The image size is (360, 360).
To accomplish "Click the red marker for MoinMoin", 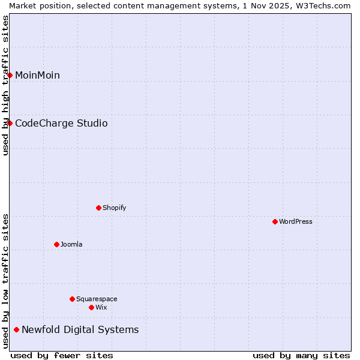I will pos(10,75).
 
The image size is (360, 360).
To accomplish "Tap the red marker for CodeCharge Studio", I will pos(10,123).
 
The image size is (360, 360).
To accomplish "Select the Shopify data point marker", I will pos(99,208).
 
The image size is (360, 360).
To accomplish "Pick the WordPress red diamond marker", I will pos(275,221).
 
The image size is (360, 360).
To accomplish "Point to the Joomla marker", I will pos(57,244).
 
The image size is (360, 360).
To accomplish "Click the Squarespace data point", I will pos(73,299).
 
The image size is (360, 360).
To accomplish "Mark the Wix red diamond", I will pos(92,307).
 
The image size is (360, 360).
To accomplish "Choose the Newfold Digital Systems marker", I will pos(17,329).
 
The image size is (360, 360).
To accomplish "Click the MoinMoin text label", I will pos(37,75).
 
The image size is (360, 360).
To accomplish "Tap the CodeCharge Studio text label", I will pos(61,123).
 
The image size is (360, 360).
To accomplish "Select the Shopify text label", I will pos(114,208).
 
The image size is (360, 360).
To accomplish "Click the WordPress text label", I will pos(296,221).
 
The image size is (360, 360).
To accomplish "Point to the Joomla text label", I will pos(71,244).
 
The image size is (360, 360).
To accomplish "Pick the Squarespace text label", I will pos(97,299).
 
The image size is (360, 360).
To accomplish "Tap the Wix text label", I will pos(101,307).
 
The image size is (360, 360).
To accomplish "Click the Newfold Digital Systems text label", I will pos(80,329).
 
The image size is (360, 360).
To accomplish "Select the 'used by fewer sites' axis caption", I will pos(62,355).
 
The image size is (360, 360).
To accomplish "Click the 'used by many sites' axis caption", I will pos(301,355).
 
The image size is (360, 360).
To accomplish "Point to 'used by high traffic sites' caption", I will pos(5,85).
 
